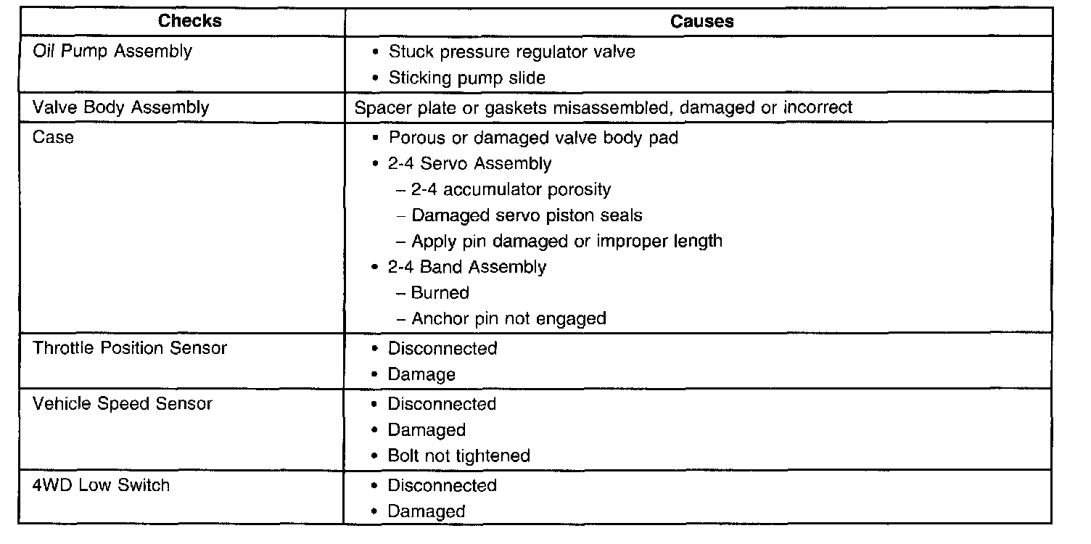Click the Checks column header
190,21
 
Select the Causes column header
701,22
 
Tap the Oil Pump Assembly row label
112,51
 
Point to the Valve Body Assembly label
121,108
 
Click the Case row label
53,137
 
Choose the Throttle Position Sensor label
130,348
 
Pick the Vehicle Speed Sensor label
123,404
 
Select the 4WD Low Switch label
102,485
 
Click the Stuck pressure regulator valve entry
511,51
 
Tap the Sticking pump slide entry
466,78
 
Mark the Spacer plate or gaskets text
604,108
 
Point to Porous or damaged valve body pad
533,137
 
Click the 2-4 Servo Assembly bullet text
469,164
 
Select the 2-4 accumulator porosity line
511,190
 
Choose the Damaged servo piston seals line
527,215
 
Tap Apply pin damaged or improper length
567,241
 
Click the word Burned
440,293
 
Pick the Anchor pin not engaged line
509,318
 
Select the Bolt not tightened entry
458,456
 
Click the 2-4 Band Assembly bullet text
467,267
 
